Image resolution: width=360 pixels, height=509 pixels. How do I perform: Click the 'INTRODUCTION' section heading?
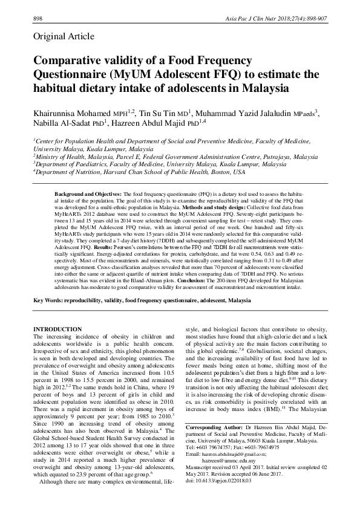[57, 329]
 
